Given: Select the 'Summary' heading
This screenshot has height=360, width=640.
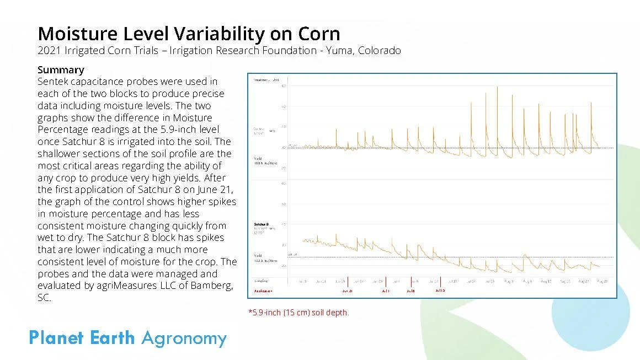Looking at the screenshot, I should point(61,70).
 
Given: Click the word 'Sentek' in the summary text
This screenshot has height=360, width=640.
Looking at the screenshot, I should point(54,82).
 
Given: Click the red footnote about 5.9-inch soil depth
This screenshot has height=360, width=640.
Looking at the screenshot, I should point(298,313).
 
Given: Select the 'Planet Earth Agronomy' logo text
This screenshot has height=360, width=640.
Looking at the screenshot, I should point(127,338).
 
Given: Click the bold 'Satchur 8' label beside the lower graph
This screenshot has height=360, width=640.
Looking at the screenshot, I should point(261,225).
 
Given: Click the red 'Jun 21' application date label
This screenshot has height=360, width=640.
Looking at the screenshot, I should point(347,291).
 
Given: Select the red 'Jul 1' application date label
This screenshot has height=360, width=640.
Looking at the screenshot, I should point(385,291).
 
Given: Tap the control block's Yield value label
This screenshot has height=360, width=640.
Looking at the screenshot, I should point(262,162).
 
